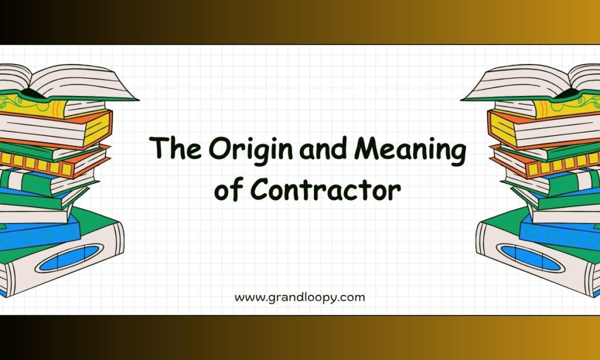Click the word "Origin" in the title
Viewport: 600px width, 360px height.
tap(251, 150)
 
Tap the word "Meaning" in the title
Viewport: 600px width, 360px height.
tap(410, 150)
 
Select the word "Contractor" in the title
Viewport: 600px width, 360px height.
tap(326, 189)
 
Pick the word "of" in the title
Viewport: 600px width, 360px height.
tap(229, 189)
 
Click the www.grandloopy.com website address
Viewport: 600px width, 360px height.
tap(299, 298)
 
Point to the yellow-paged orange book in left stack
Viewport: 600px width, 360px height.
tap(57, 128)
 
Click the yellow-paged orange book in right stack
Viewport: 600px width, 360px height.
tap(543, 128)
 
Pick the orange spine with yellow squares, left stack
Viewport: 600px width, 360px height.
tap(53, 163)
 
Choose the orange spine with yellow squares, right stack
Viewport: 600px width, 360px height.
tap(547, 163)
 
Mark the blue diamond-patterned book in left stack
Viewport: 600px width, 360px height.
tap(40, 235)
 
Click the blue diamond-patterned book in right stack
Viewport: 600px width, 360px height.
tap(560, 235)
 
